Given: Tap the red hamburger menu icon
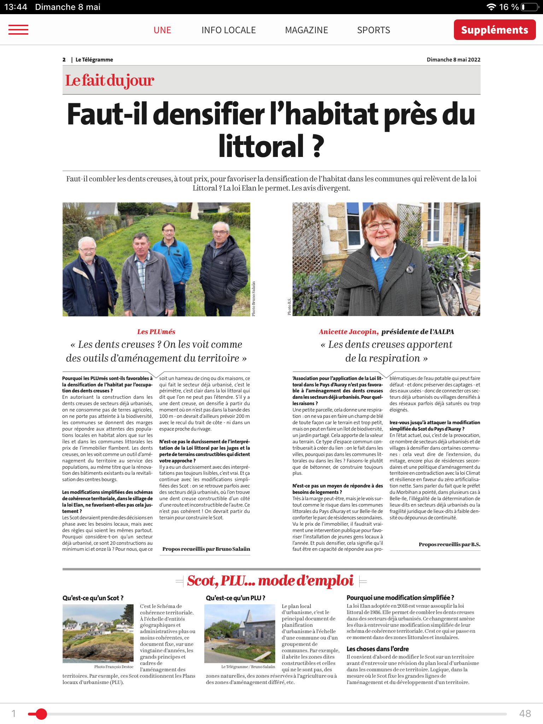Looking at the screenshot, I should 18,30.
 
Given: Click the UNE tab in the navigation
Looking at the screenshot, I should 162,30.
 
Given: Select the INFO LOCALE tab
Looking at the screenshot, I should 228,30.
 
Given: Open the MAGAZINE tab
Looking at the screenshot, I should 306,30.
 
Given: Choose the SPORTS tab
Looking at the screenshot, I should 373,30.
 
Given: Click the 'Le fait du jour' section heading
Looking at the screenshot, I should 110,80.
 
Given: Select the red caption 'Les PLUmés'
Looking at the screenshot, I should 156,332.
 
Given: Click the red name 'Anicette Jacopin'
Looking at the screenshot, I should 348,332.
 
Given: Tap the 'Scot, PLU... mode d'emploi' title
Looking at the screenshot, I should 270,581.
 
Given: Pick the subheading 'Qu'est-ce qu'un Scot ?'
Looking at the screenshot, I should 93,598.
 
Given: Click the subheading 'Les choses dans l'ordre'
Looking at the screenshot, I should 378,649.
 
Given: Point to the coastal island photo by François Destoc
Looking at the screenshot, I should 98,633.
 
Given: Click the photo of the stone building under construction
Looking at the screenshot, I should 240,633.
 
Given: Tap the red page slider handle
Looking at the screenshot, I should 41,714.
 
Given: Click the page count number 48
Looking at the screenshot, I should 525,713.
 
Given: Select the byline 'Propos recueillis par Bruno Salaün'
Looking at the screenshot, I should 206,549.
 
